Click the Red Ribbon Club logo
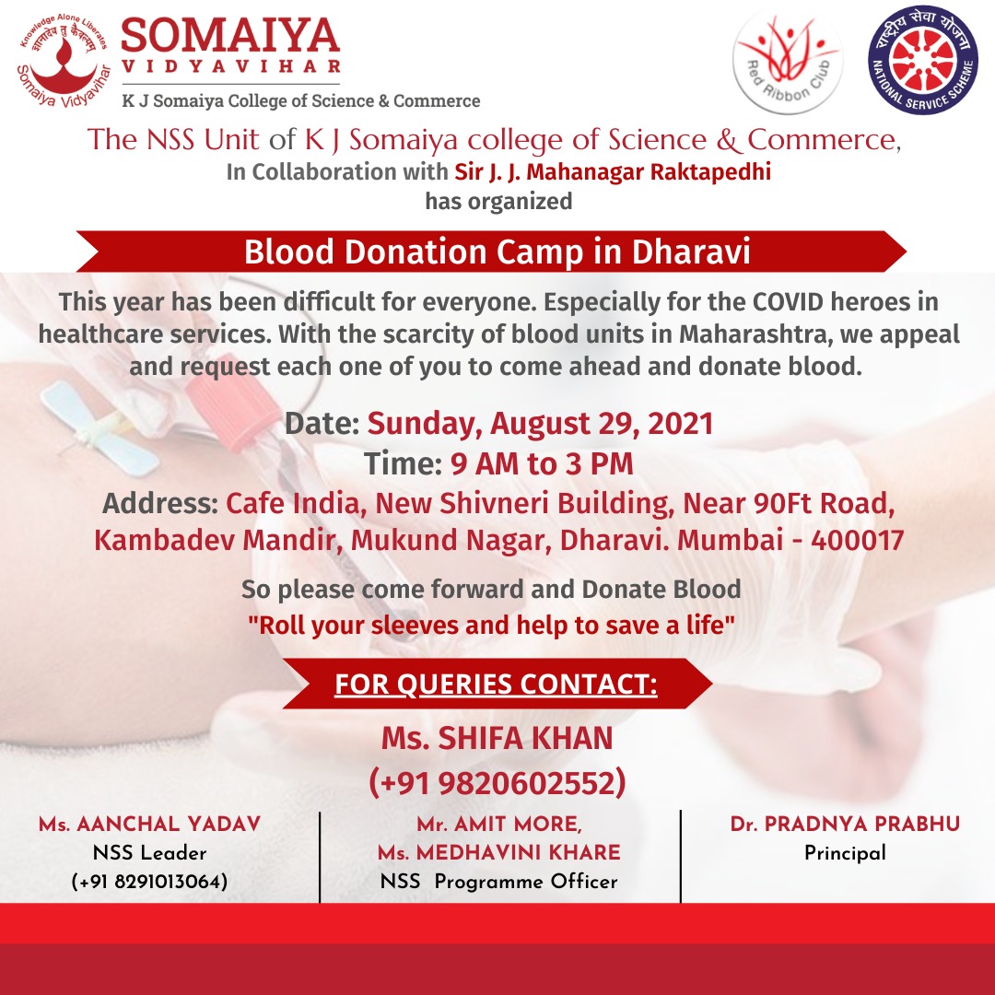tap(789, 61)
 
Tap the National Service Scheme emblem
tap(923, 61)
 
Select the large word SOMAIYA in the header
tap(230, 37)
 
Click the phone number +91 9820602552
tap(497, 782)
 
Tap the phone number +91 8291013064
tap(149, 882)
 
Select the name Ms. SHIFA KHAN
tap(497, 738)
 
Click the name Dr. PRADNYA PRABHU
tap(845, 825)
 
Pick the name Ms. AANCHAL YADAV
tap(149, 825)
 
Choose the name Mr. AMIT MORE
tap(498, 825)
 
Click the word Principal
tap(845, 853)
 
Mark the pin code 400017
tap(857, 540)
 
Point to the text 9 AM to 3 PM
tap(542, 463)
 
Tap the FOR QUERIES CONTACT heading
tap(496, 685)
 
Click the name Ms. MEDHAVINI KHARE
tap(498, 853)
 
